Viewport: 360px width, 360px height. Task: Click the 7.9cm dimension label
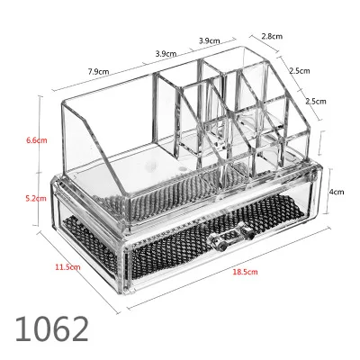[99, 72]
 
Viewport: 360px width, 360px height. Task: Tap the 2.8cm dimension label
[272, 36]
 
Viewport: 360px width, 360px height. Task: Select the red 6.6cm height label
[37, 140]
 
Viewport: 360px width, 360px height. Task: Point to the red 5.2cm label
[36, 198]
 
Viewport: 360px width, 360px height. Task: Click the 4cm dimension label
[337, 192]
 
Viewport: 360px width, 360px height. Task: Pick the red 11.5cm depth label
[67, 266]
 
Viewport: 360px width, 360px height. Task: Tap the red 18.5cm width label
[245, 272]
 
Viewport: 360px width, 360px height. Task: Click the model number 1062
[52, 329]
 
